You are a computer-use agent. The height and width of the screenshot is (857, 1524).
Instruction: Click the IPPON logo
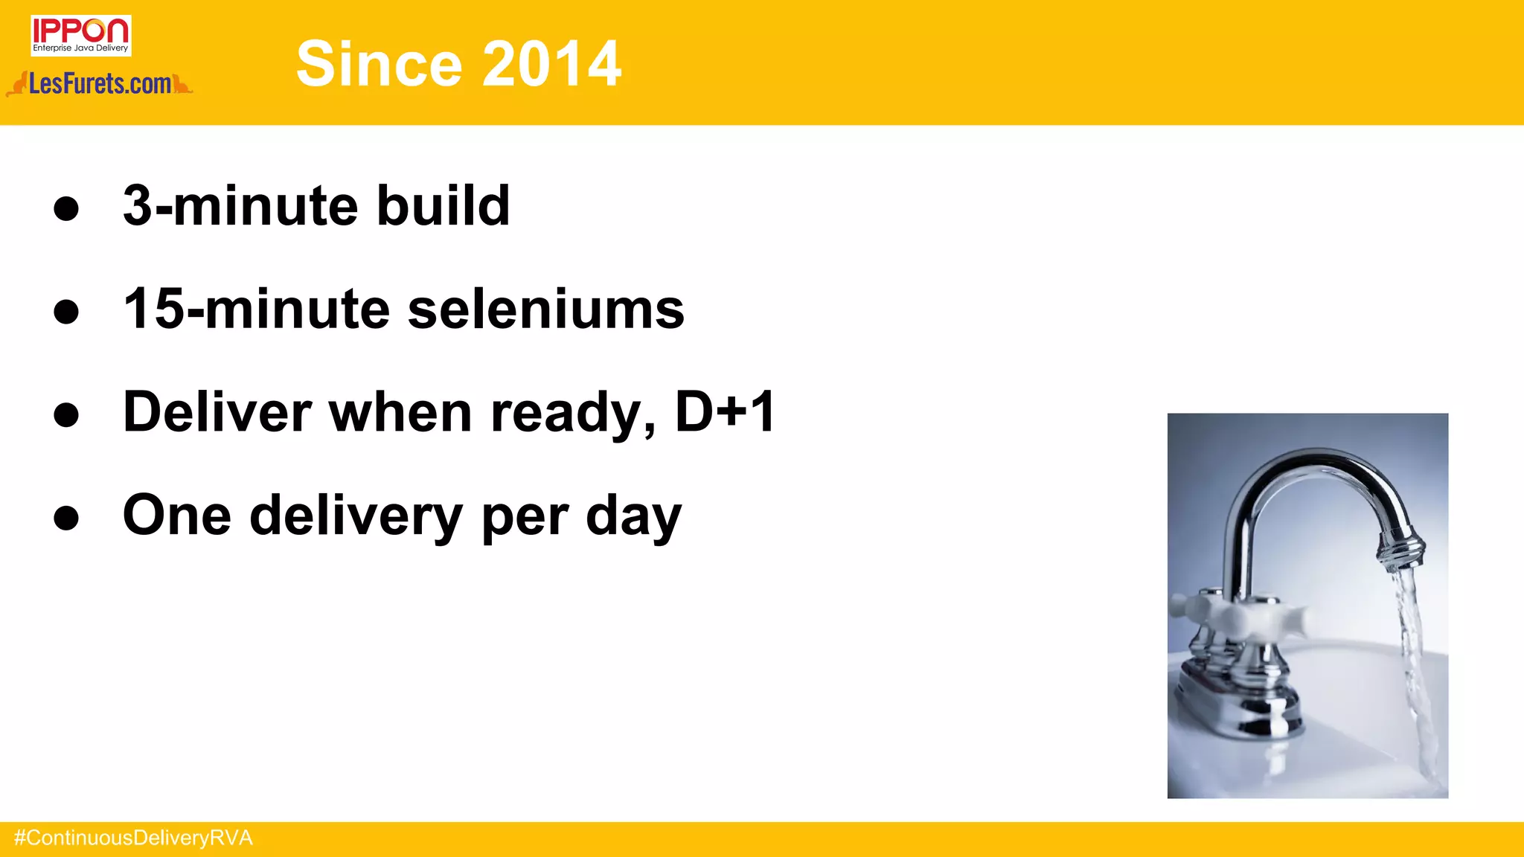(80, 35)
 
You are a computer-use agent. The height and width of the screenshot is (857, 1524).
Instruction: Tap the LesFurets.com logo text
(100, 84)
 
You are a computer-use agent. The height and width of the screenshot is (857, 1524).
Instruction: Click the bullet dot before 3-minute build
(66, 208)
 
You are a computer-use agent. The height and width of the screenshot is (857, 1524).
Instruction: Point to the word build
(443, 205)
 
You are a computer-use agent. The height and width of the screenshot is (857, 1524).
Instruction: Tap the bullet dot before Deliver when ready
(66, 414)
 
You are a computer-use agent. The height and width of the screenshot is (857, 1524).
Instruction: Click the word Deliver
(217, 411)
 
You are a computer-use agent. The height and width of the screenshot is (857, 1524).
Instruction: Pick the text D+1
(725, 411)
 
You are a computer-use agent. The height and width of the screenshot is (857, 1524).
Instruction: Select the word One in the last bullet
(177, 515)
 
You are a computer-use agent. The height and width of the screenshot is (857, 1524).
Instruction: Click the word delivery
(356, 516)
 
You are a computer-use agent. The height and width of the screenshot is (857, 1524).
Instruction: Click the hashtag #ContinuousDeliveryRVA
(133, 838)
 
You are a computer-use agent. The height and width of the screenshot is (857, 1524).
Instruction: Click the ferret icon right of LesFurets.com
(182, 84)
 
